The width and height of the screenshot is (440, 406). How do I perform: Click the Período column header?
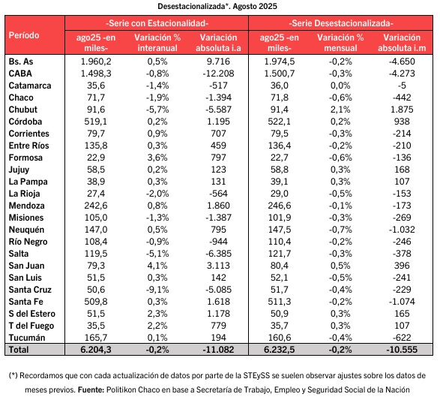click(24, 35)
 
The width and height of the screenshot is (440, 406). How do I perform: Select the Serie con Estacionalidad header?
click(157, 23)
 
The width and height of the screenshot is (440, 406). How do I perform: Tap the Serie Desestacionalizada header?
click(341, 23)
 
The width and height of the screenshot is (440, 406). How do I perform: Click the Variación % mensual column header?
click(340, 43)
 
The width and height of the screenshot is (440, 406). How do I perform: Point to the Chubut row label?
click(23, 110)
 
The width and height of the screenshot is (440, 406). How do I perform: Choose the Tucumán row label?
click(27, 338)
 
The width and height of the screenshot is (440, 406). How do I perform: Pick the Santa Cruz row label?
click(30, 290)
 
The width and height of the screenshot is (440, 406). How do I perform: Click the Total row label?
click(19, 350)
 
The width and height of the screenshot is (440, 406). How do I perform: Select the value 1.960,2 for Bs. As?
click(96, 62)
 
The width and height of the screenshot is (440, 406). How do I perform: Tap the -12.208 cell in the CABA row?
click(218, 74)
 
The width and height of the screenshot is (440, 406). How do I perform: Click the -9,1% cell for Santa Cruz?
click(157, 290)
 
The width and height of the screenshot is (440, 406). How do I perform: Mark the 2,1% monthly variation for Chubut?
click(340, 110)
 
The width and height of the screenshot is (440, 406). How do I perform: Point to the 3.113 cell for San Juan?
click(218, 266)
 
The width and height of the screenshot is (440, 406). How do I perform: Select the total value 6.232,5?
click(279, 350)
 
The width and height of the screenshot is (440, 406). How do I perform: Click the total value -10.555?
click(402, 350)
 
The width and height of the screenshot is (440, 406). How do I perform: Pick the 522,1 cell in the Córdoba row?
click(279, 122)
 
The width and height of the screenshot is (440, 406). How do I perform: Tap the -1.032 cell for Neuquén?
click(402, 230)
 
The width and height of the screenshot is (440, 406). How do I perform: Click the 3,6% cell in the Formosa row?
click(157, 158)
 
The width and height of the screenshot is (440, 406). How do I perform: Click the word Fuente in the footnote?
click(91, 389)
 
